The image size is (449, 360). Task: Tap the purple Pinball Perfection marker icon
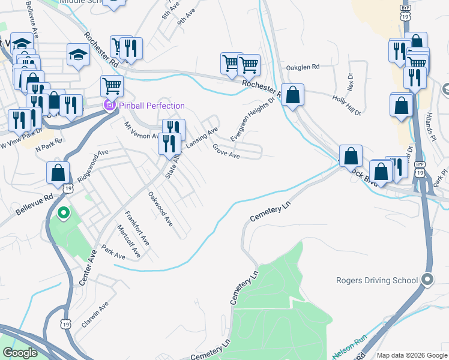(x=109, y=106)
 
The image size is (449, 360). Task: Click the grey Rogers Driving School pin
(x=427, y=280)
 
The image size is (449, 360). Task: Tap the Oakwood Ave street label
(x=161, y=208)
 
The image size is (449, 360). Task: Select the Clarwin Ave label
(x=95, y=314)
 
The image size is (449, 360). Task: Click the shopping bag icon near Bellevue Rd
(x=58, y=172)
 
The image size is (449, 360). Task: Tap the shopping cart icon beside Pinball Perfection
(x=112, y=86)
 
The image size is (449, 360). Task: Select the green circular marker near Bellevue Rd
(x=62, y=213)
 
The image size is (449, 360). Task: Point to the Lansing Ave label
(x=201, y=139)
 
